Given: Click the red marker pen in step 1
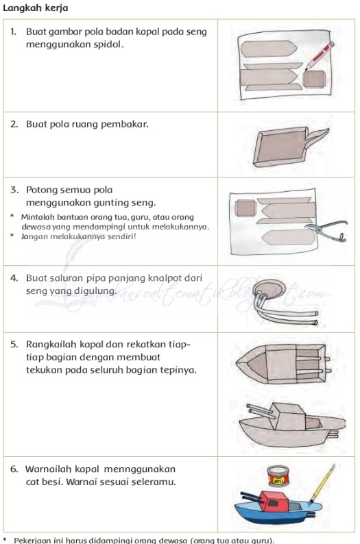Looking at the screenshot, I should click(x=317, y=55).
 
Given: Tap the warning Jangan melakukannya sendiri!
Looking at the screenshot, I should click(x=79, y=236).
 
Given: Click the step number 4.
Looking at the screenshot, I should click(x=14, y=279).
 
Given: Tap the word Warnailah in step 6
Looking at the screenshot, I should click(x=49, y=469).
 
